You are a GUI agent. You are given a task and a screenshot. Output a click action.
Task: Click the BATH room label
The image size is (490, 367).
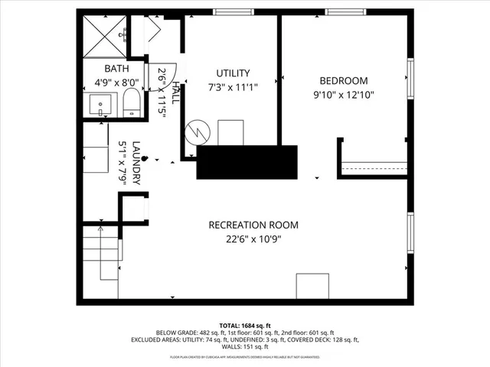click(106, 68)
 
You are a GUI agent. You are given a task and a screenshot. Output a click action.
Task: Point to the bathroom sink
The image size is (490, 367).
click(100, 104)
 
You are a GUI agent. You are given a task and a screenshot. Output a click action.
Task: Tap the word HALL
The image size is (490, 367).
click(176, 93)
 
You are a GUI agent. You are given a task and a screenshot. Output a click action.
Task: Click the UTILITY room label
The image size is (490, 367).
click(233, 73)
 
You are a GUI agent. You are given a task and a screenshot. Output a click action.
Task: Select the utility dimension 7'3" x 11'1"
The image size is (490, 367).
click(233, 87)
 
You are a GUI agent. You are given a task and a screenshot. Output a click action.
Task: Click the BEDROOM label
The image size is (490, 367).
click(344, 81)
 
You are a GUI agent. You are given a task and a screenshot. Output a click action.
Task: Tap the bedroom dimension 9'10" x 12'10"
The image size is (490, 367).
click(344, 95)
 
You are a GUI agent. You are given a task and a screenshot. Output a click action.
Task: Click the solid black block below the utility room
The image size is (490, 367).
click(247, 162)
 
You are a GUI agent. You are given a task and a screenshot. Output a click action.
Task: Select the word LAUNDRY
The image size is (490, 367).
click(136, 162)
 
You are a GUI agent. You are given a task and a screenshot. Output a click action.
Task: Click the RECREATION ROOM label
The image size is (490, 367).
click(253, 225)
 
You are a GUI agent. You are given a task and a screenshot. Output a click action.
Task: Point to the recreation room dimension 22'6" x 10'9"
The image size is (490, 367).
click(253, 239)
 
